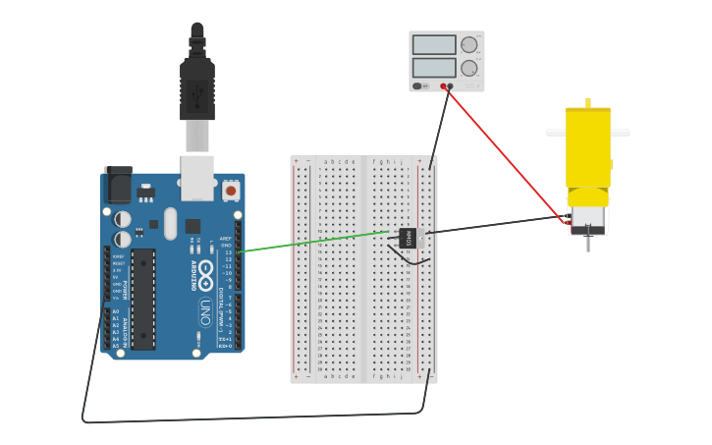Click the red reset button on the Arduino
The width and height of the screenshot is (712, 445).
[x=231, y=190]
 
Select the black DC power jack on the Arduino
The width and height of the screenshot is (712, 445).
[x=118, y=184]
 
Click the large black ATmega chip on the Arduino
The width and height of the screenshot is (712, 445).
[x=143, y=299]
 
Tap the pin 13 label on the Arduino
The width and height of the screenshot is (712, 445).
[x=228, y=252]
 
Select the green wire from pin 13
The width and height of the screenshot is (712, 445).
[x=314, y=242]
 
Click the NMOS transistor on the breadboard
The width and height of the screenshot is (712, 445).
[x=408, y=237]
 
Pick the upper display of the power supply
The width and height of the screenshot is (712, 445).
[x=434, y=45]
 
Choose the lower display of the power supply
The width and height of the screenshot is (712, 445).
[x=434, y=69]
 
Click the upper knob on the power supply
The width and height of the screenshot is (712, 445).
[x=469, y=45]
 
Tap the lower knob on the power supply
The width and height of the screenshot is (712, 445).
[x=469, y=69]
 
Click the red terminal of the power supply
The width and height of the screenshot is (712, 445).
[x=452, y=86]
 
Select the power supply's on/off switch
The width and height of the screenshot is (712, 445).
[x=419, y=85]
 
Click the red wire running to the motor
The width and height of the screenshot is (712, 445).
[x=511, y=157]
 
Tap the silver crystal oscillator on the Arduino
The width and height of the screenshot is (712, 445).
[x=170, y=223]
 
